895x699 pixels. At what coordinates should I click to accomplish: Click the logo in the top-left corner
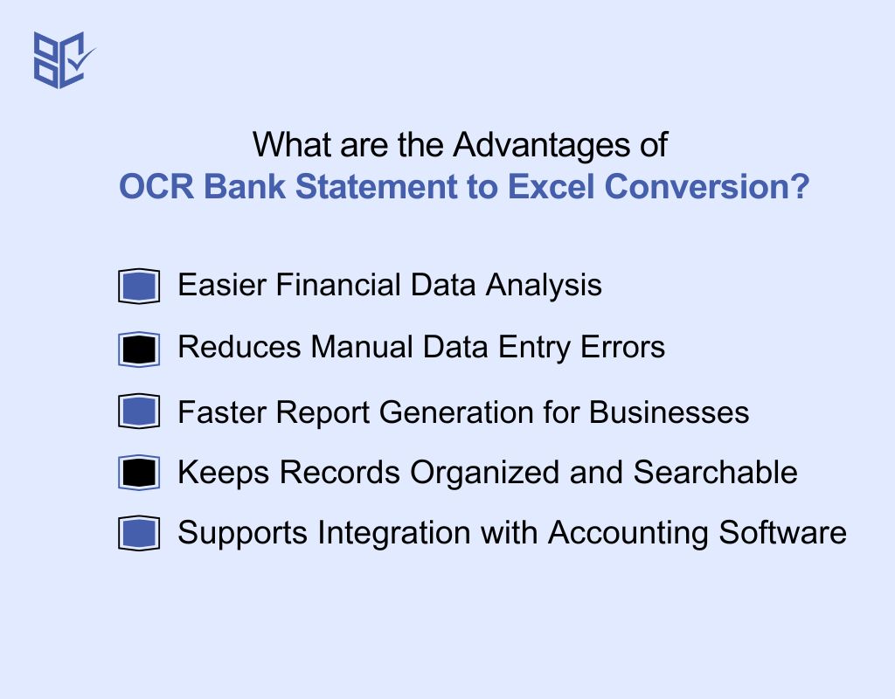pos(62,59)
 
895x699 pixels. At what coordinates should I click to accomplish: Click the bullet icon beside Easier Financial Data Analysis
pos(138,287)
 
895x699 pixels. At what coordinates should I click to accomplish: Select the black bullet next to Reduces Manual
pos(138,349)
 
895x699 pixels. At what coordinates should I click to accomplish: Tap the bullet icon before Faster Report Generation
pos(138,412)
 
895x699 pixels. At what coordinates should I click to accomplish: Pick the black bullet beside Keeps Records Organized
pos(138,474)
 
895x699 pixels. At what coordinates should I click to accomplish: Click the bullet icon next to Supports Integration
pos(138,534)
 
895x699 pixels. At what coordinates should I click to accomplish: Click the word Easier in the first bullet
pos(221,286)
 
